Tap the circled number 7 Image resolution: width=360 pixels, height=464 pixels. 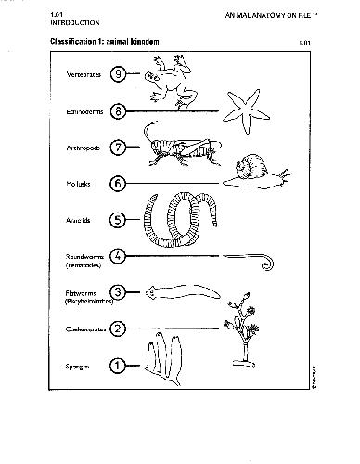pyautogui.click(x=118, y=148)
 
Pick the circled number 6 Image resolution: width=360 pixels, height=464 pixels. pyautogui.click(x=118, y=183)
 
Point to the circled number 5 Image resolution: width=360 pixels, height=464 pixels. pyautogui.click(x=118, y=220)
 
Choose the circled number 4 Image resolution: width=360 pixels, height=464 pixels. pyautogui.click(x=118, y=255)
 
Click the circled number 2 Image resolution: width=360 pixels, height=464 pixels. pyautogui.click(x=118, y=328)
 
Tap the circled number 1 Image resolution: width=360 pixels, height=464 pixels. pyautogui.click(x=118, y=365)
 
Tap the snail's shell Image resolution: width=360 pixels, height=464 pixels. pyautogui.click(x=251, y=168)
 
